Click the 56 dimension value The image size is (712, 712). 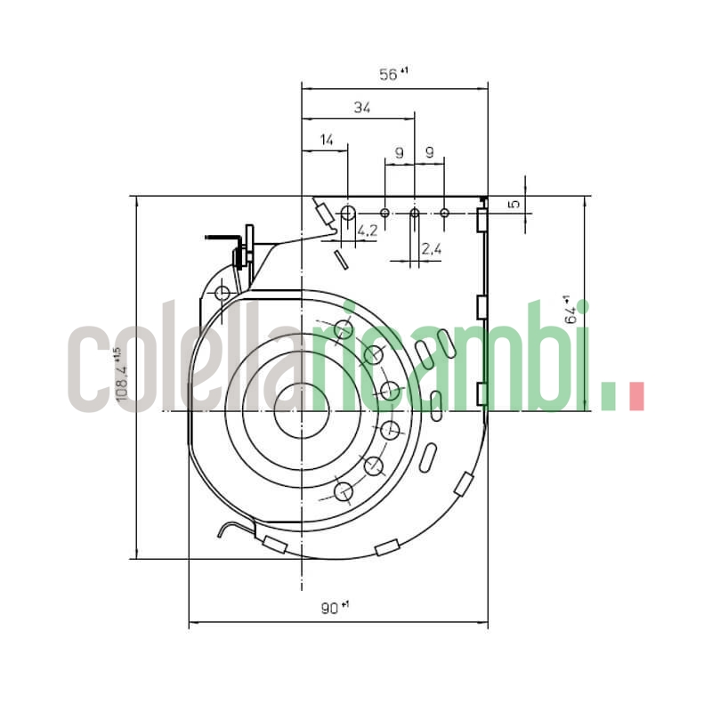tap(388, 76)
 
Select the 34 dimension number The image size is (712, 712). tap(361, 108)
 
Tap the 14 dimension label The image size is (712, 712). tap(327, 140)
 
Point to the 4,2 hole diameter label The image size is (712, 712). tap(367, 231)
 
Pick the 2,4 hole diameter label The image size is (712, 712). tap(431, 249)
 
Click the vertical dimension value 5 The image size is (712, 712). tap(513, 204)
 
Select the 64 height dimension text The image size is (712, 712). tap(572, 311)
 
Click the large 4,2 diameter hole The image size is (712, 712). tap(348, 213)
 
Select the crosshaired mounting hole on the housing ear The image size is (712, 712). tap(222, 293)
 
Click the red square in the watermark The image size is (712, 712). tap(636, 397)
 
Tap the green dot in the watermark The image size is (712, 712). tap(610, 397)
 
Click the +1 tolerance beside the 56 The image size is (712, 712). tap(404, 70)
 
